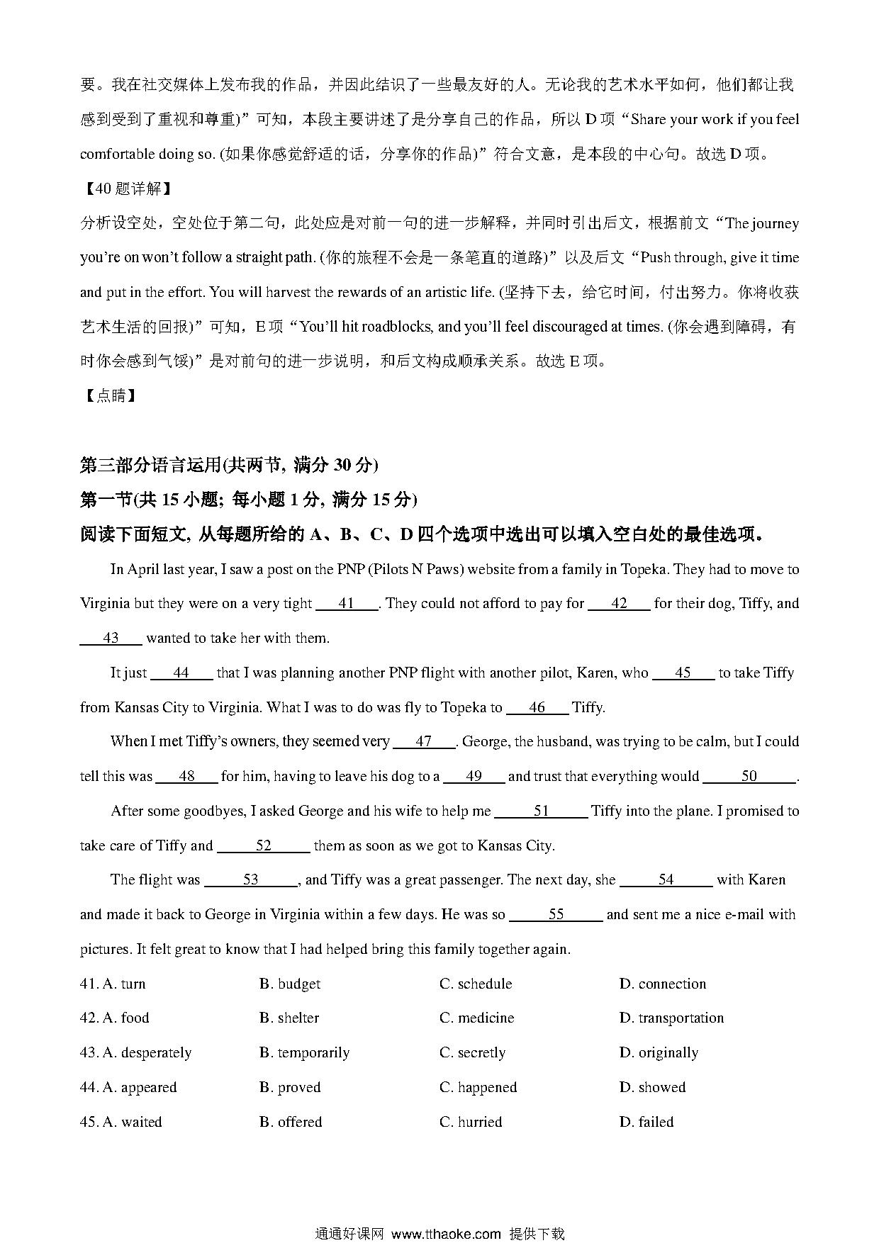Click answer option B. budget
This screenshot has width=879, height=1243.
click(290, 984)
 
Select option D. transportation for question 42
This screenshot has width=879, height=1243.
click(671, 1018)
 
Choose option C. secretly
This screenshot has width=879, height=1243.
click(473, 1052)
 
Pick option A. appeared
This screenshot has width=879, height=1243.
click(140, 1087)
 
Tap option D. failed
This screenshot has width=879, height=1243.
click(646, 1122)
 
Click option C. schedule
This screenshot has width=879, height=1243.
click(476, 984)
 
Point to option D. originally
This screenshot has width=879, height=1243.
click(659, 1052)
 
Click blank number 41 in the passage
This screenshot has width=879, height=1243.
click(347, 604)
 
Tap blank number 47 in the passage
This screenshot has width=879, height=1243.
click(424, 741)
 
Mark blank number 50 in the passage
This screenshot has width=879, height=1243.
click(749, 776)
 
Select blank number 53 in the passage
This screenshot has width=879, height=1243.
click(251, 879)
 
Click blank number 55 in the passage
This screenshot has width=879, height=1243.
click(556, 914)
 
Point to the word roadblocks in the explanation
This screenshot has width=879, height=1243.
click(397, 327)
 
